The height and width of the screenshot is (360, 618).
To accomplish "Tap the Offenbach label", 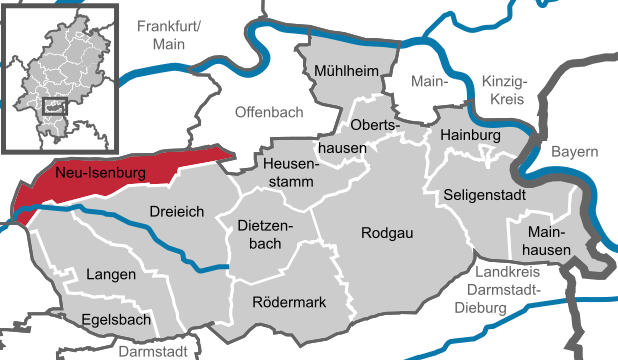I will (x=268, y=112).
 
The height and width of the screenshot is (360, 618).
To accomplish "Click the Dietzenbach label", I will (x=264, y=236).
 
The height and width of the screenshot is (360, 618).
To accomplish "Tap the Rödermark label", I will (x=289, y=301).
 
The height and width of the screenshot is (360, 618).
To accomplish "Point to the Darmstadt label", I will (x=153, y=351).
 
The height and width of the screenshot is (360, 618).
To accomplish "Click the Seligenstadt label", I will (x=483, y=194).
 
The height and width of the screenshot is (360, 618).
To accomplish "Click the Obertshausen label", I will (x=372, y=135).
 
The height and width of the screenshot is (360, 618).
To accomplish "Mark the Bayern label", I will (x=575, y=152).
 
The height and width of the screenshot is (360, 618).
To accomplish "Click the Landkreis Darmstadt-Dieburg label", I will (x=506, y=290).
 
